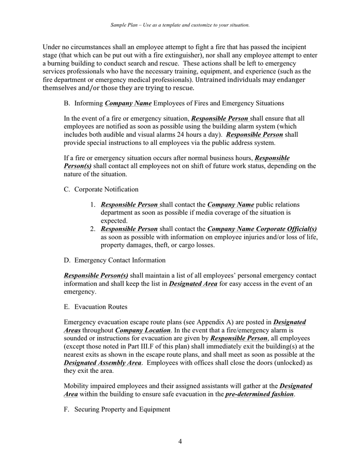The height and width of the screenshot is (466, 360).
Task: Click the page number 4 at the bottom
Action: click(180, 442)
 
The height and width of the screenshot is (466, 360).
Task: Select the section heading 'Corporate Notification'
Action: click(106, 190)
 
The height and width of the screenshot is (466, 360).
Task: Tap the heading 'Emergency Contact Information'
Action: click(120, 260)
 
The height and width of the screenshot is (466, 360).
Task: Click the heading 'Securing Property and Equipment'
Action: click(122, 409)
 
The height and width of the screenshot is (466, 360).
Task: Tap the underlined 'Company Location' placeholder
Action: click(143, 330)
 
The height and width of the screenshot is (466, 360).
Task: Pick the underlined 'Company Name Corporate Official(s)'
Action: click(262, 228)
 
